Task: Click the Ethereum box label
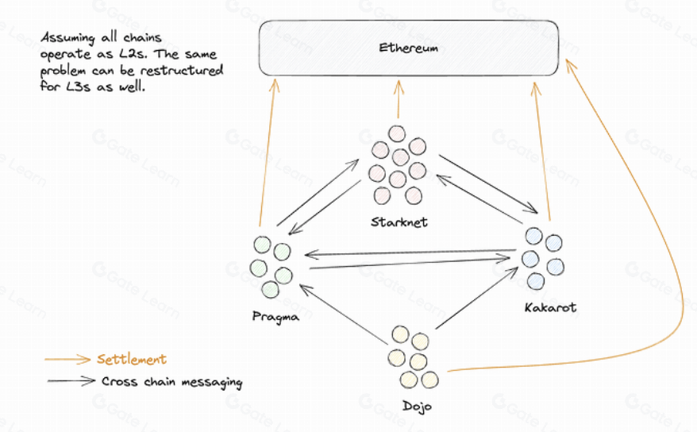[x=408, y=48]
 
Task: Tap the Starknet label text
[x=399, y=222]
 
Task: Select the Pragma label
[x=271, y=317]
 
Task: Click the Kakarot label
[x=550, y=307]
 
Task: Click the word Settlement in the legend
[x=132, y=360]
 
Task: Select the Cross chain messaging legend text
[x=171, y=381]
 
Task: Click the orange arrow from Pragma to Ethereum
[x=267, y=151]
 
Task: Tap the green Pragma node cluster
[x=270, y=266]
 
